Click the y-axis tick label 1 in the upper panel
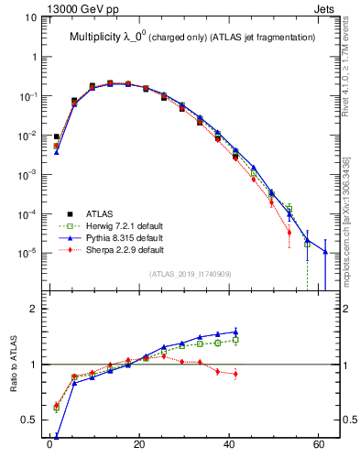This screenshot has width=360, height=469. [35, 57]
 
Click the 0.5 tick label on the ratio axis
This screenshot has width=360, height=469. [30, 420]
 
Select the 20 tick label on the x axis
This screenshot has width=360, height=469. [139, 448]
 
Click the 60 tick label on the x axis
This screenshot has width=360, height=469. [318, 448]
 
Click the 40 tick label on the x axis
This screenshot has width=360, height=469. [228, 448]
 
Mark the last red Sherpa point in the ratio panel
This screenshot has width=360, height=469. [235, 374]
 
